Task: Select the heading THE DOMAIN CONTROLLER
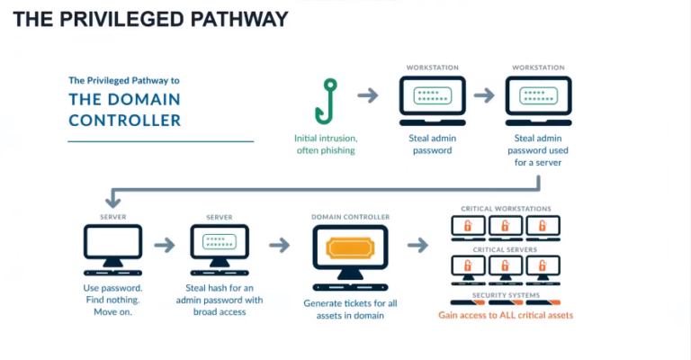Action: pos(125,110)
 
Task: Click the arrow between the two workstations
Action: pos(484,94)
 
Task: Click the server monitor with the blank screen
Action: pos(112,246)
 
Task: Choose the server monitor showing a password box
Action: pos(220,246)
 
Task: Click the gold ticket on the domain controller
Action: pos(350,247)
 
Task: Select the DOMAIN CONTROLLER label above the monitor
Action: pos(350,217)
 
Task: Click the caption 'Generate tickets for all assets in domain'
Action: pos(350,308)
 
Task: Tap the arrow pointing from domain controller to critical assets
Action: pos(419,245)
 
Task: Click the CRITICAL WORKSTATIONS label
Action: pos(505,209)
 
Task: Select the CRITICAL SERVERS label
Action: pos(505,249)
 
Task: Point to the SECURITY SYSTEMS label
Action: pos(505,294)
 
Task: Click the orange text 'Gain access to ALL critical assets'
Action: pos(505,316)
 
